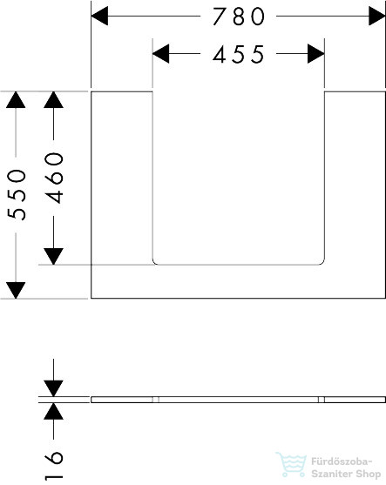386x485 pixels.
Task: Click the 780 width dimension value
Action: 239,17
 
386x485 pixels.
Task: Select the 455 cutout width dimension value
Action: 239,55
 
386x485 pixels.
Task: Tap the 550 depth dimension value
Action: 17,194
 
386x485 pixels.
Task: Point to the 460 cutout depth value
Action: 54,178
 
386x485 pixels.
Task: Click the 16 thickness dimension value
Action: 54,466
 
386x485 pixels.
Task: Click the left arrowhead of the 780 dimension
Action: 99,16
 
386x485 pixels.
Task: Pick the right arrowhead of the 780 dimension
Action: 377,16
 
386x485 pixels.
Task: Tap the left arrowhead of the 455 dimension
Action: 161,53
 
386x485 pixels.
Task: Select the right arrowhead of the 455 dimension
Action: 316,53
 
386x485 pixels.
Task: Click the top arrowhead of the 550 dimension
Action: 16,100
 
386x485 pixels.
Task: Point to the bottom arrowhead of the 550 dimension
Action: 16,290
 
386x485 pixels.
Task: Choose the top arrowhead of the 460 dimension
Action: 53,100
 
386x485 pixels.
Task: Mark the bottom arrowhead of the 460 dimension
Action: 53,256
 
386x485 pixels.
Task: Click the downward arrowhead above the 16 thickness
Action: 53,388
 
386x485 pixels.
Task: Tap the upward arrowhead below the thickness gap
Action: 53,411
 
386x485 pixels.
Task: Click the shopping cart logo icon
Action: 291,464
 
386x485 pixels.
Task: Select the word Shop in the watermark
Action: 368,475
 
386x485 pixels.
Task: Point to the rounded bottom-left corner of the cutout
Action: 154,263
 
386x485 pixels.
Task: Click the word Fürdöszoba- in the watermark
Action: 342,461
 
